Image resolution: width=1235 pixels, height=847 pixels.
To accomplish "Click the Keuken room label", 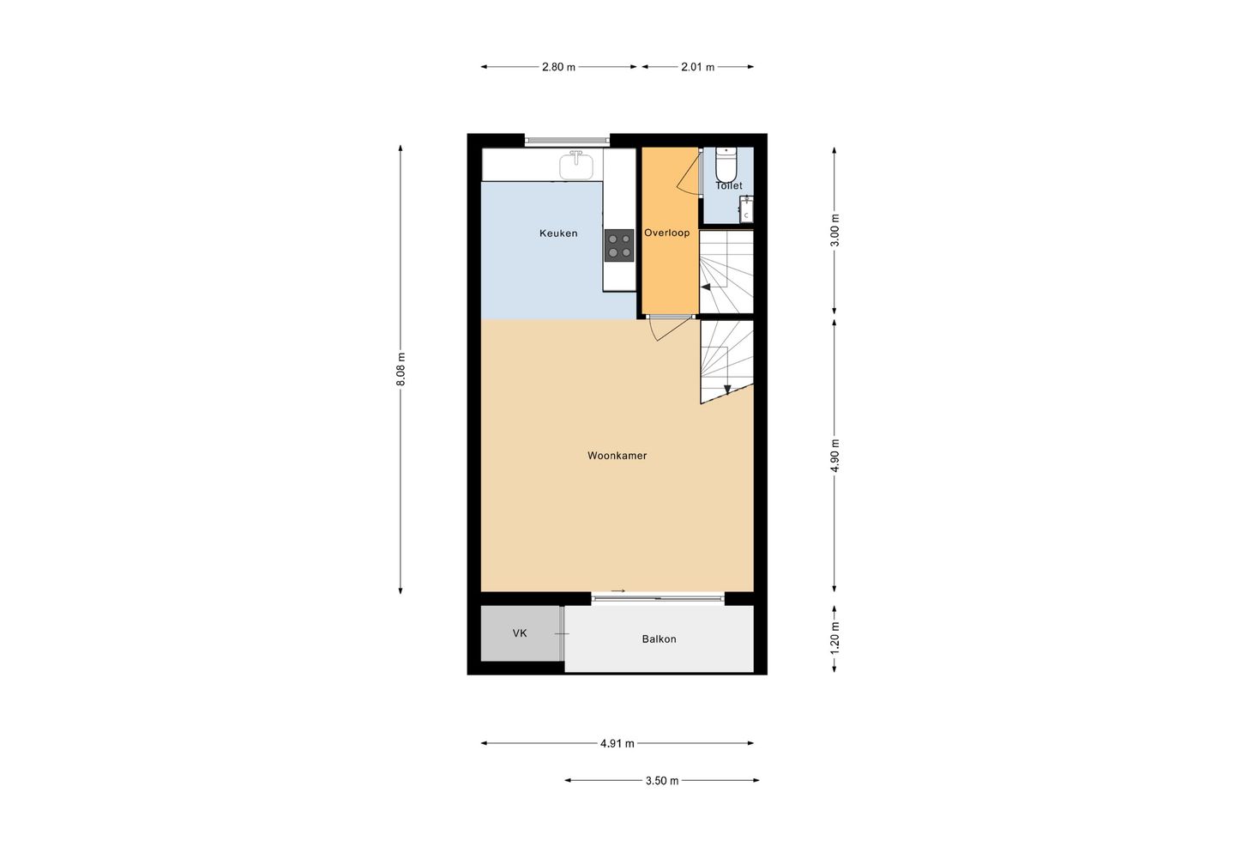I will coord(558,233).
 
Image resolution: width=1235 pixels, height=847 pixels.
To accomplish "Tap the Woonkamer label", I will coord(617,456).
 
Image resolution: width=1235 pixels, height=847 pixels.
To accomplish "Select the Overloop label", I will coord(666,233).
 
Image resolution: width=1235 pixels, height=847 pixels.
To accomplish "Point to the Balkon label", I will coord(659,639).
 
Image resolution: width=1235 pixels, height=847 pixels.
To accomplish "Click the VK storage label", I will coord(520,633).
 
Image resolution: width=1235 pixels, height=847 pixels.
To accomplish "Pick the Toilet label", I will coord(729,185).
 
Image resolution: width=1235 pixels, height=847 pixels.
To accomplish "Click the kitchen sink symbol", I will coord(577,165).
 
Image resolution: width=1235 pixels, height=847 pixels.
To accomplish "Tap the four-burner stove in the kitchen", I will coord(619,245).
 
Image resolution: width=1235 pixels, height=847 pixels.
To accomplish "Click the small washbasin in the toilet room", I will coord(746,209).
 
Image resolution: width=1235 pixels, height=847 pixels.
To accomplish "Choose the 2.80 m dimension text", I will coord(558,67).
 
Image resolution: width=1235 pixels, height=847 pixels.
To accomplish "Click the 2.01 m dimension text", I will coord(697,67).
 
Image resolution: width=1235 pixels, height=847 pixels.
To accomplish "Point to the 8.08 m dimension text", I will coord(401,369).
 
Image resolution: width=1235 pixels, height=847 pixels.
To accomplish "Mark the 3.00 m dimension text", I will coord(834,230).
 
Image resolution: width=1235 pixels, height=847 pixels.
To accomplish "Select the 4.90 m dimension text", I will coord(834,456).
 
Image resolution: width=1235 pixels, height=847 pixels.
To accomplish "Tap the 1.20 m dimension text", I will coord(834,638).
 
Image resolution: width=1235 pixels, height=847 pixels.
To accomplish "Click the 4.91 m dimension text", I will coord(617,743).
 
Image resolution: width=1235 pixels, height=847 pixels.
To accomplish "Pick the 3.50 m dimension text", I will coord(661,781).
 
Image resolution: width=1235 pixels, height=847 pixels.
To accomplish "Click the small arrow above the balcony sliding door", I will coord(618,590).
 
